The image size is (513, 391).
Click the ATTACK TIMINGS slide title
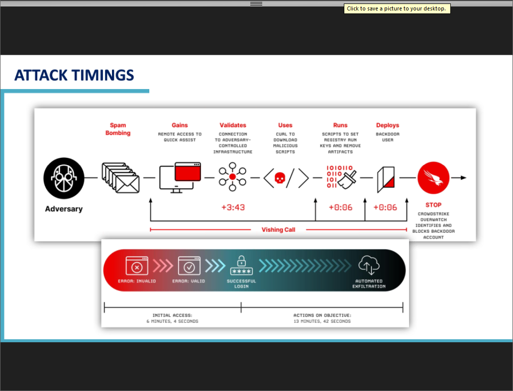coord(74,75)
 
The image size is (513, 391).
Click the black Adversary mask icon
coord(64,178)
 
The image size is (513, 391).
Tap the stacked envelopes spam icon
coord(120,178)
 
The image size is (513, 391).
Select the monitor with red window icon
coord(180,177)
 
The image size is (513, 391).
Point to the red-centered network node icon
coord(233,177)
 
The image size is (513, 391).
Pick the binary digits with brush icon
coord(341,177)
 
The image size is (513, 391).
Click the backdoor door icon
coord(386,179)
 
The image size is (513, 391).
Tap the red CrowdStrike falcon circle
coord(433,178)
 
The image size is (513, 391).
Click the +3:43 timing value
coord(233,207)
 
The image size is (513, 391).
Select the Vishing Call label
coord(279,230)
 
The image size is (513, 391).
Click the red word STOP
coord(433,205)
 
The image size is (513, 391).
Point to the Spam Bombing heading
coord(118,129)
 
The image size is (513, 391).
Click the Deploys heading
coord(388,125)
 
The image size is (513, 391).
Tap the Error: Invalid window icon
coord(137,266)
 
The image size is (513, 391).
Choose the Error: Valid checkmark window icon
coord(189,266)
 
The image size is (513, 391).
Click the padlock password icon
coord(241,265)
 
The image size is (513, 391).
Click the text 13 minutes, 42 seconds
coord(322,321)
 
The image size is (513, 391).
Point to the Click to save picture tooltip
coord(397,8)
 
